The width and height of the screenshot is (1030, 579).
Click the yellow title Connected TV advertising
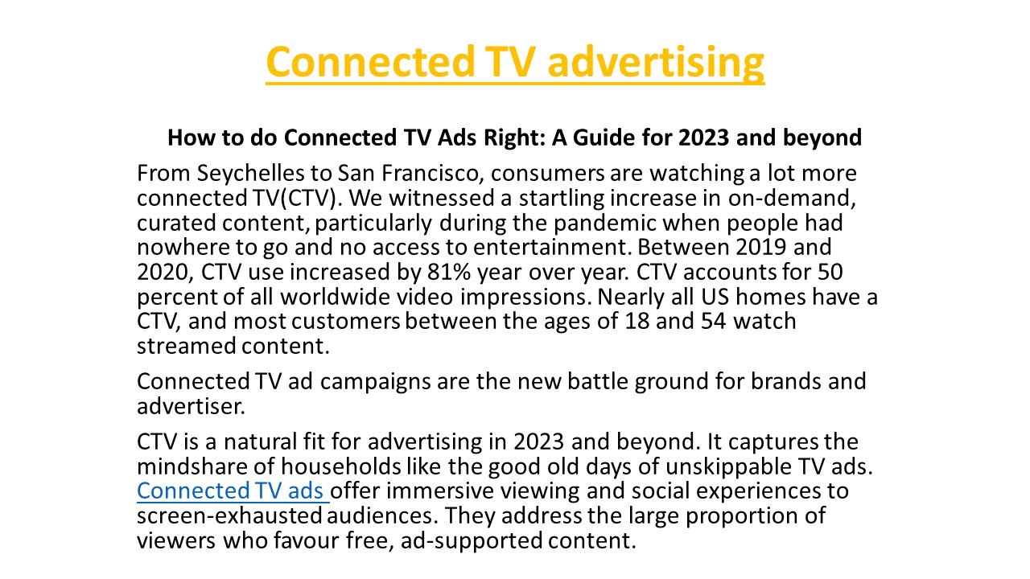tap(515, 62)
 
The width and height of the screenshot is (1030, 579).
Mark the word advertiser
tap(190, 406)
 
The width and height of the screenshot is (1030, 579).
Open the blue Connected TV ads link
tap(232, 491)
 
